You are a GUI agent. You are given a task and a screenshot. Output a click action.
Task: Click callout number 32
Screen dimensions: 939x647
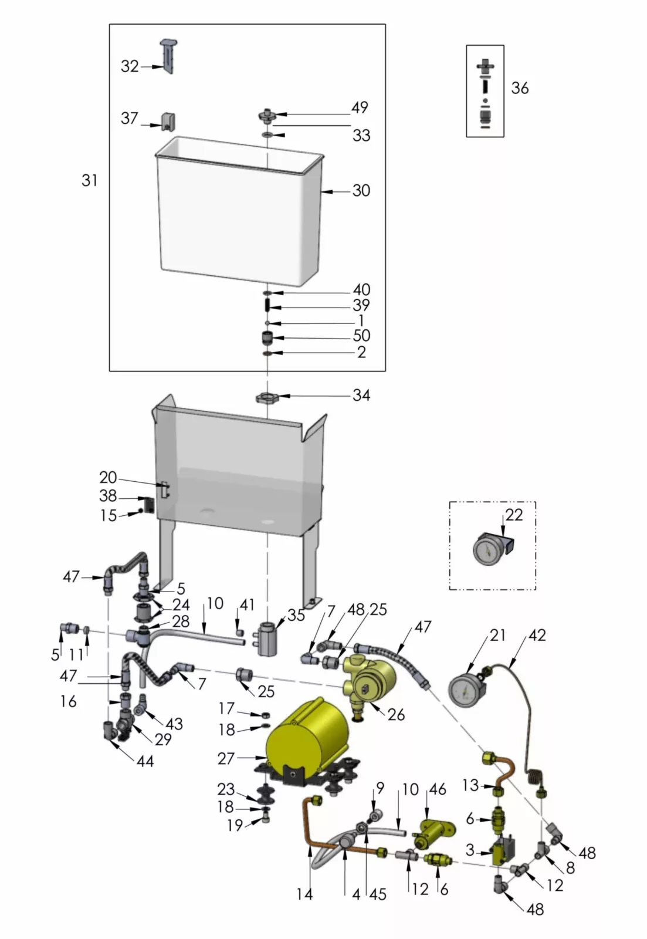(x=130, y=66)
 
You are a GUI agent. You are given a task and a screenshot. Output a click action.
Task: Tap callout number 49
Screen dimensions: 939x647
(x=360, y=107)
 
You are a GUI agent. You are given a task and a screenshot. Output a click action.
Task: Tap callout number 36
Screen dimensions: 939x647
(x=520, y=88)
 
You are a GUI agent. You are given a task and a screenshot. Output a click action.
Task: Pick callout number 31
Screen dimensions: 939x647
(x=90, y=180)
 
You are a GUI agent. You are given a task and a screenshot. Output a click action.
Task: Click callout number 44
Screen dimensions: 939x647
(x=145, y=761)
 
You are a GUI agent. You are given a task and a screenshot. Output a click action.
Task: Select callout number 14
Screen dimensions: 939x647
(x=304, y=894)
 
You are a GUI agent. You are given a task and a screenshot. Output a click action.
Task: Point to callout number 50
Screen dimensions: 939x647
(x=361, y=336)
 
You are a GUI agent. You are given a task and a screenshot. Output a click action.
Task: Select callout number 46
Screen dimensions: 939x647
(x=438, y=789)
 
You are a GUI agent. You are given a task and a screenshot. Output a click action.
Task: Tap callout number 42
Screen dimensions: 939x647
(x=537, y=636)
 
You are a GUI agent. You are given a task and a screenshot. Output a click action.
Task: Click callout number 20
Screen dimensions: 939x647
(x=108, y=478)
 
